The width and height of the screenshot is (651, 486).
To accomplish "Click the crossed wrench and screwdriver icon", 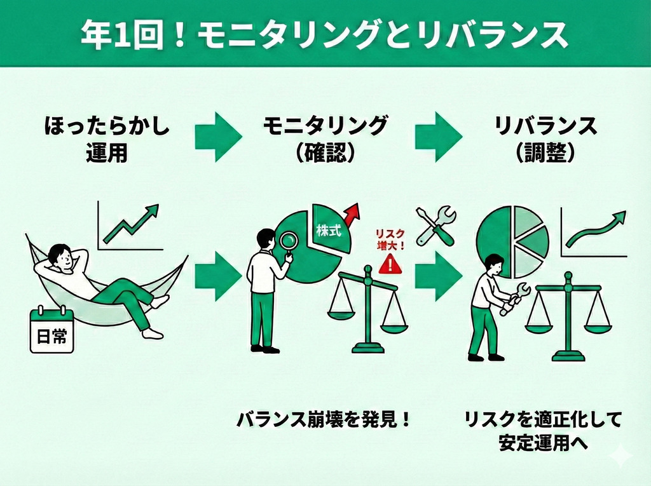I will (435, 226).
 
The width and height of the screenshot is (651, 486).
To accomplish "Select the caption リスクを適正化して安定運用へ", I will (542, 431).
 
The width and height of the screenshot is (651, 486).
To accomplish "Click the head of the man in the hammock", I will (61, 257).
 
